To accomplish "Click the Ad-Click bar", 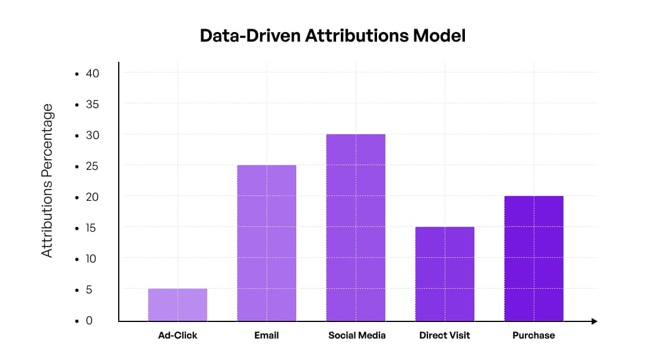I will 178,305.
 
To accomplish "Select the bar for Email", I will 267,243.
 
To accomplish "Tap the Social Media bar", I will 356,228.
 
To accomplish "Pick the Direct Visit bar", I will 445,274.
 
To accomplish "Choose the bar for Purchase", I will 534,258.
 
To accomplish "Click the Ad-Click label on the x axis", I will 178,335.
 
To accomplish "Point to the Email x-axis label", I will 267,335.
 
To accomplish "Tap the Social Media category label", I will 357,335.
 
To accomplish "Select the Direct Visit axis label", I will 445,335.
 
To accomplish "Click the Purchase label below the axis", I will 534,335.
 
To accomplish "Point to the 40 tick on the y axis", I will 92,74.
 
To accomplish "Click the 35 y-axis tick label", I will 92,105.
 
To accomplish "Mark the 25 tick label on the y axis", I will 92,166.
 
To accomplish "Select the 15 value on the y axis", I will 92,228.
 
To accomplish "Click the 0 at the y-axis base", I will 90,321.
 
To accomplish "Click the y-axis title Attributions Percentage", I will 47,181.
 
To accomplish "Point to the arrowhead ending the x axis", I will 594,321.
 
